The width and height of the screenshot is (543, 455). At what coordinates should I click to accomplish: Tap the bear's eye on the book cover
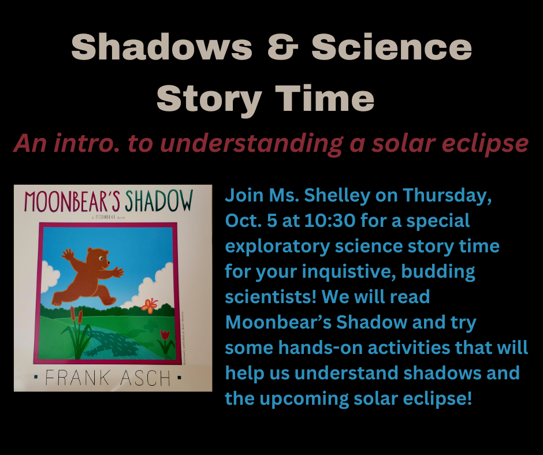point(101,260)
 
